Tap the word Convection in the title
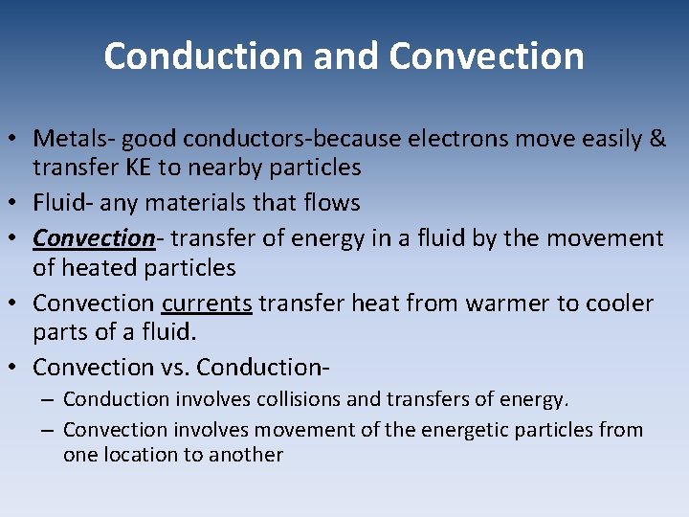tap(486, 56)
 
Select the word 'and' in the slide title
tap(335, 56)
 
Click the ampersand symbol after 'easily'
tap(657, 139)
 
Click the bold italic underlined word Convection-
tap(94, 237)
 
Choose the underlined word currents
tap(207, 303)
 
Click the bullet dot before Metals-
tap(17, 140)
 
